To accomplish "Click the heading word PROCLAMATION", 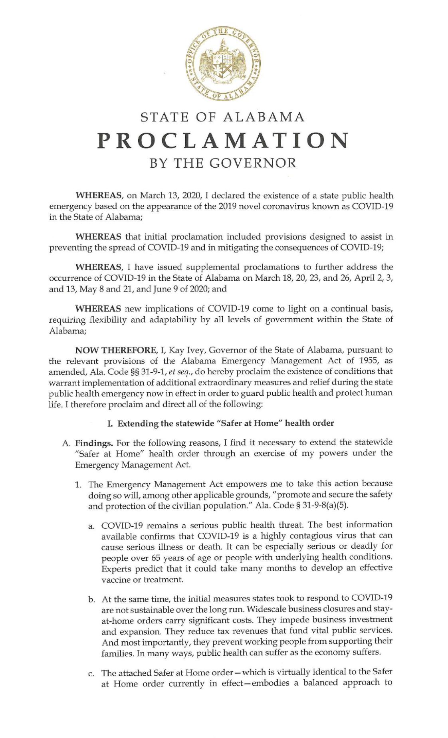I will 223,140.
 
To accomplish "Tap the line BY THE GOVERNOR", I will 223,163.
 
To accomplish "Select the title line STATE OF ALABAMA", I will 223,117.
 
